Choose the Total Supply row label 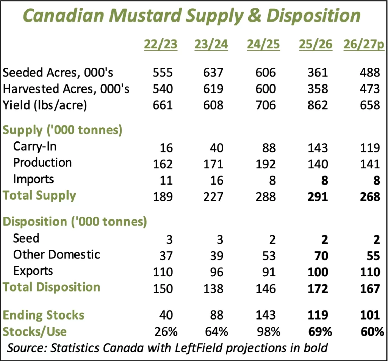(x=39, y=196)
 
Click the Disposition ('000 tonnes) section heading (x=75, y=222)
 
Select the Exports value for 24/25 (x=269, y=272)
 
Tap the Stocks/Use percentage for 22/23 (x=166, y=332)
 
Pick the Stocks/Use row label (x=35, y=332)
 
